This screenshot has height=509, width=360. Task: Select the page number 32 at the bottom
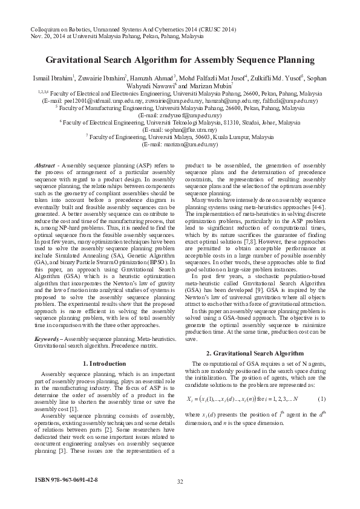point(180,481)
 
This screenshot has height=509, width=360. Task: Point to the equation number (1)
point(321,399)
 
